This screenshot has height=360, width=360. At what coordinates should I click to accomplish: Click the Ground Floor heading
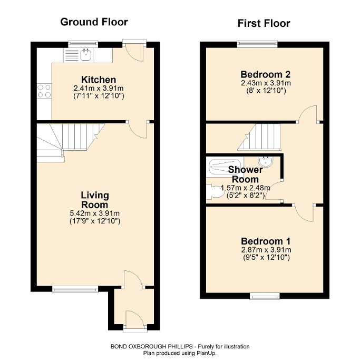tap(94, 22)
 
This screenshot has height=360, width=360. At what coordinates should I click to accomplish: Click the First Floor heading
tap(264, 23)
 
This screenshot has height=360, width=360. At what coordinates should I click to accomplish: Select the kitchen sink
tap(84, 53)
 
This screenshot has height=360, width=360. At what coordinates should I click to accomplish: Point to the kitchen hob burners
tap(44, 91)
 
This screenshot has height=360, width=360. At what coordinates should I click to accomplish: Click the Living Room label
tap(94, 200)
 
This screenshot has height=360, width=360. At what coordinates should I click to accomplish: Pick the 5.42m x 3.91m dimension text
tap(94, 213)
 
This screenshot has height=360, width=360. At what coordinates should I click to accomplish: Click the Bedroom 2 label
tap(266, 74)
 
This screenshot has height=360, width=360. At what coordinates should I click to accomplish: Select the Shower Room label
tap(245, 174)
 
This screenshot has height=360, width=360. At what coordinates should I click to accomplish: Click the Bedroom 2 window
tap(258, 44)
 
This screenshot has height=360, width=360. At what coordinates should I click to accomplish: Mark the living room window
tap(75, 288)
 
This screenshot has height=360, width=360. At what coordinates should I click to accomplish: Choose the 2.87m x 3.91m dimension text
tap(266, 250)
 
